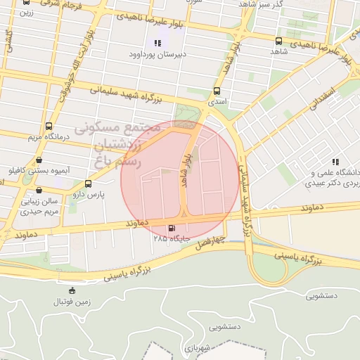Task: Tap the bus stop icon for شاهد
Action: [x=279, y=41]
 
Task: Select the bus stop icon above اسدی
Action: [x=217, y=91]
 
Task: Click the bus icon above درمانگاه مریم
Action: [x=48, y=127]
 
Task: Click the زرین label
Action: [x=25, y=13]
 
